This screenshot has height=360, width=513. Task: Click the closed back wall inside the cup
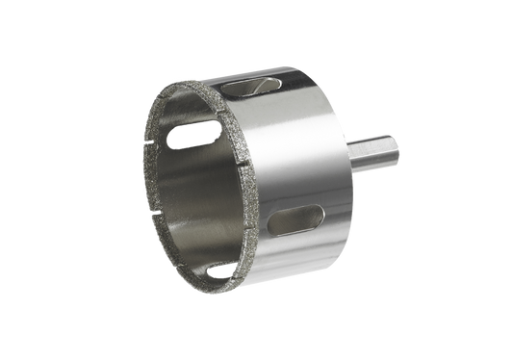[207, 193]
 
